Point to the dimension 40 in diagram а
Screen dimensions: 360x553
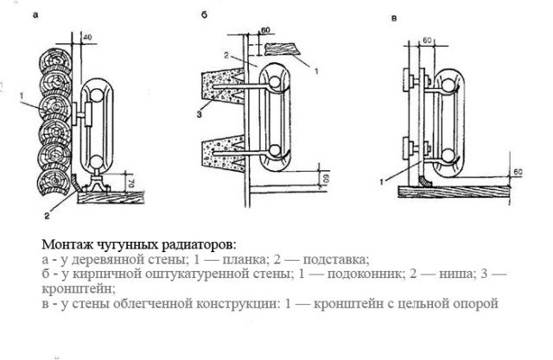tap(88, 37)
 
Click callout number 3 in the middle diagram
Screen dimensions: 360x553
tap(198, 113)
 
